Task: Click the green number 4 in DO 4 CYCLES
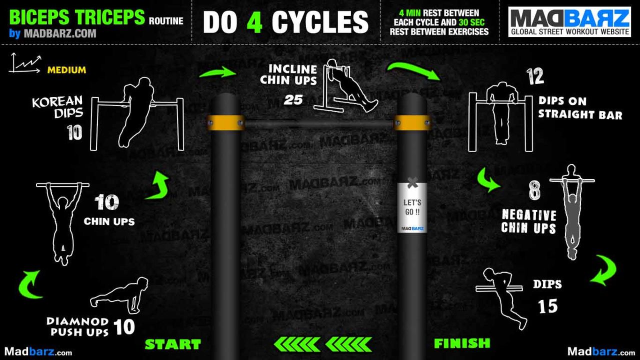pyautogui.click(x=254, y=22)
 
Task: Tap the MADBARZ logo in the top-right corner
pyautogui.click(x=569, y=21)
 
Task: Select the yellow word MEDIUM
pyautogui.click(x=66, y=70)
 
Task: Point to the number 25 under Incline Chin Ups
pyautogui.click(x=293, y=100)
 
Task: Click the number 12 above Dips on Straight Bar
pyautogui.click(x=534, y=77)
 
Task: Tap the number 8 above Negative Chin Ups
pyautogui.click(x=534, y=191)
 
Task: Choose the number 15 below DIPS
pyautogui.click(x=547, y=306)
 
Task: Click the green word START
pyautogui.click(x=172, y=344)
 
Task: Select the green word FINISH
pyautogui.click(x=462, y=343)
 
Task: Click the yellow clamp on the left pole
pyautogui.click(x=225, y=122)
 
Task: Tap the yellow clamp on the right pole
pyautogui.click(x=412, y=122)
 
